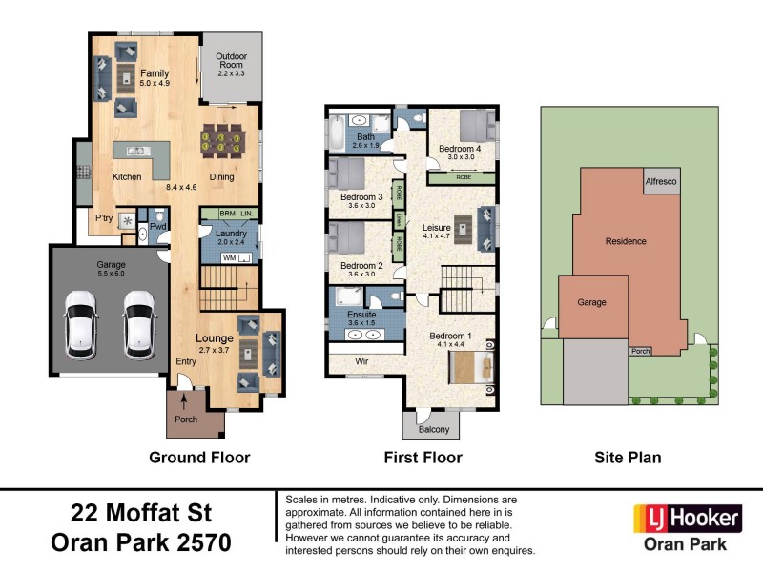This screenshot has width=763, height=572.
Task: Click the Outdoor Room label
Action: (x=231, y=57)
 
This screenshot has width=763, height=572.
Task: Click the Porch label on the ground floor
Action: (x=186, y=420)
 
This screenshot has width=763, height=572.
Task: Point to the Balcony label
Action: (x=432, y=429)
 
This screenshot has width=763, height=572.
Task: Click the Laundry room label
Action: (x=232, y=234)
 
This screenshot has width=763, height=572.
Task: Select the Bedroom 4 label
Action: (x=460, y=150)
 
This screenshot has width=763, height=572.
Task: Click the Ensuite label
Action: (x=361, y=315)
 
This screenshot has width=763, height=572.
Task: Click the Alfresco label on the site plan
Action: (x=662, y=180)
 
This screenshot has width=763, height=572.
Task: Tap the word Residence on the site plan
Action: (x=626, y=241)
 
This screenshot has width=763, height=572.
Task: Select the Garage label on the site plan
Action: (x=592, y=302)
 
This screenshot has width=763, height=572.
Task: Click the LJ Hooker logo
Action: (x=688, y=519)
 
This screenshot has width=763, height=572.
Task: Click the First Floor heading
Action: (x=423, y=458)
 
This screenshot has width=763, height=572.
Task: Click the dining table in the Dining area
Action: (x=224, y=142)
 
